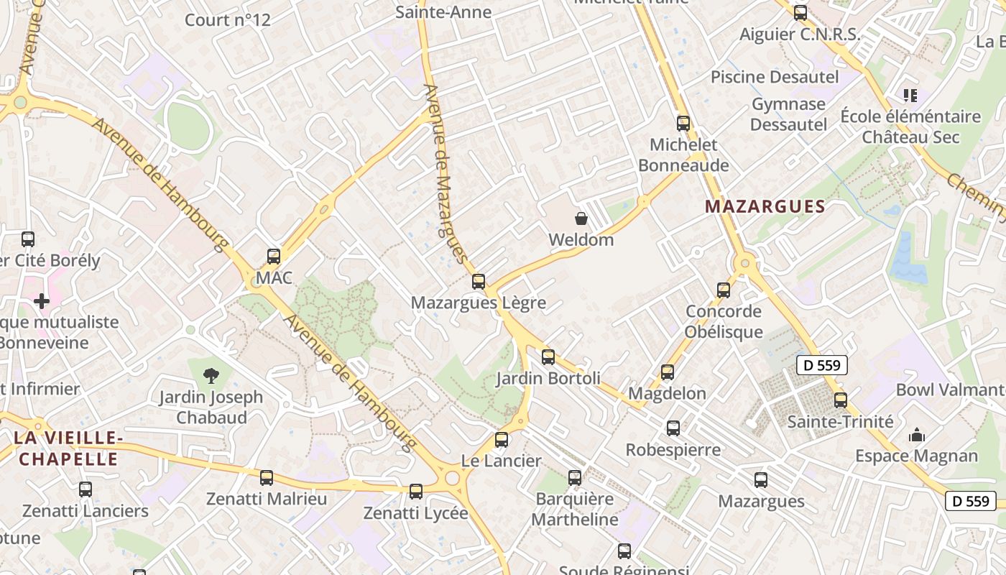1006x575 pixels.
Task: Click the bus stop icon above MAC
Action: tap(274, 257)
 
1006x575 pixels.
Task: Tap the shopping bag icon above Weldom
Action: tap(581, 218)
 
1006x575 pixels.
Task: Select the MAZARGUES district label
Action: tap(765, 207)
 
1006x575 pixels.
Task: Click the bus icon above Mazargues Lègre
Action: tap(479, 282)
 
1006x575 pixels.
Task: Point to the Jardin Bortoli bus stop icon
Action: tap(548, 357)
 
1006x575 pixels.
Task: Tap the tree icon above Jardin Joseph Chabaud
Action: tap(211, 374)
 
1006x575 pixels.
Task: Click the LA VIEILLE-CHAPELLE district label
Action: tap(66, 448)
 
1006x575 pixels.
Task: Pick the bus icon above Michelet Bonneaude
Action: tap(683, 124)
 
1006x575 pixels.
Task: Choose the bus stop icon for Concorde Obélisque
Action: tap(724, 290)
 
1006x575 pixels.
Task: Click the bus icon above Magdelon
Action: tap(668, 372)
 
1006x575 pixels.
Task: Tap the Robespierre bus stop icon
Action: tap(673, 428)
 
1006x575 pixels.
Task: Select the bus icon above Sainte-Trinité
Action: tap(841, 400)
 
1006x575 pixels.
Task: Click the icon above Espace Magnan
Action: tap(916, 435)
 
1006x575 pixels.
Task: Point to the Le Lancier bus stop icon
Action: tap(502, 440)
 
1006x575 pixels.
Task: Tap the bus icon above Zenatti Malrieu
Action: tap(267, 478)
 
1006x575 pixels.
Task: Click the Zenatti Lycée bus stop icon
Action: tap(416, 492)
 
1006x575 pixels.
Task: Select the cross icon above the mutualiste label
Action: tap(42, 300)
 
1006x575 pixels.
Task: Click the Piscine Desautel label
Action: tap(775, 77)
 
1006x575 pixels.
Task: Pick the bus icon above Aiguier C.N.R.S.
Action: tap(800, 13)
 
